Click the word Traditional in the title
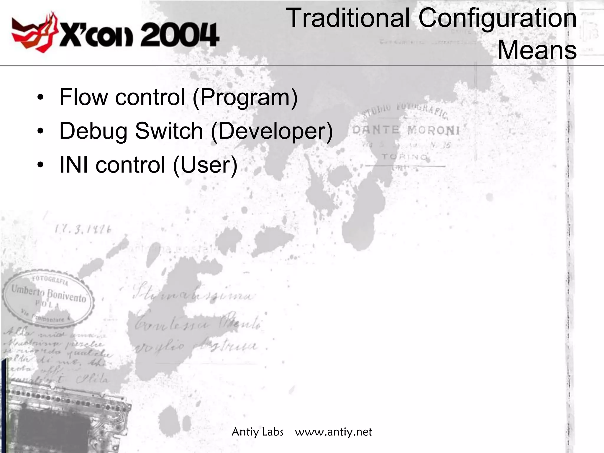click(x=348, y=18)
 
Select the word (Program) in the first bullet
click(x=245, y=97)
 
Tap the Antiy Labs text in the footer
click(x=257, y=432)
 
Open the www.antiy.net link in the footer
click(x=333, y=432)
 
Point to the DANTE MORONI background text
click(x=406, y=130)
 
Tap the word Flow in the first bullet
click(x=84, y=97)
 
